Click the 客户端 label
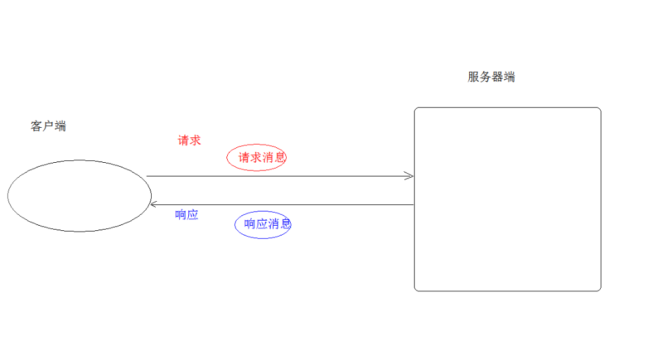48,126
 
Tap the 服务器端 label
491,77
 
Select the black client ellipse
79,195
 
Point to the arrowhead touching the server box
409,176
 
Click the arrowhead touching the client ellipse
154,205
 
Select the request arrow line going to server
279,176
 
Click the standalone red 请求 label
189,140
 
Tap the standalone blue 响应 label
187,215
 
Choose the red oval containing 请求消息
257,158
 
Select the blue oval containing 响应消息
263,224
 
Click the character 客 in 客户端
36,126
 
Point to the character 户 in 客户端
48,126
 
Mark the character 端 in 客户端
60,126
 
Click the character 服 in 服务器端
474,77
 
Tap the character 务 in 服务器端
485,77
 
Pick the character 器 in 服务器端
497,77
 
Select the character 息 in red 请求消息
280,157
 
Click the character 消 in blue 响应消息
273,224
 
